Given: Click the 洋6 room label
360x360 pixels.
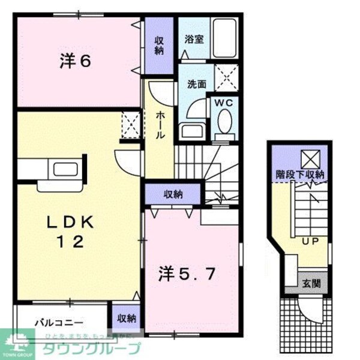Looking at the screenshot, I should (75, 61).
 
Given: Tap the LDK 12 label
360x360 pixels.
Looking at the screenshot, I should (71, 232).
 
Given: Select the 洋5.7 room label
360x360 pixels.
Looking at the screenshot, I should (185, 274).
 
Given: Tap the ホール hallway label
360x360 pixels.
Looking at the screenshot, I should (160, 127).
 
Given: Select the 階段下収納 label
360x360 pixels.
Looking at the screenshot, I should (300, 175).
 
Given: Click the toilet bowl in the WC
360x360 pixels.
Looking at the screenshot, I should (224, 124).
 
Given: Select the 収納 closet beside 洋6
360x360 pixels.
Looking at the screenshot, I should (159, 45).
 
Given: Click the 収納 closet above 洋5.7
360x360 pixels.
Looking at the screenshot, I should (173, 194).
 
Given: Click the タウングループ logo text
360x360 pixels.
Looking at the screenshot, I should (90, 348).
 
